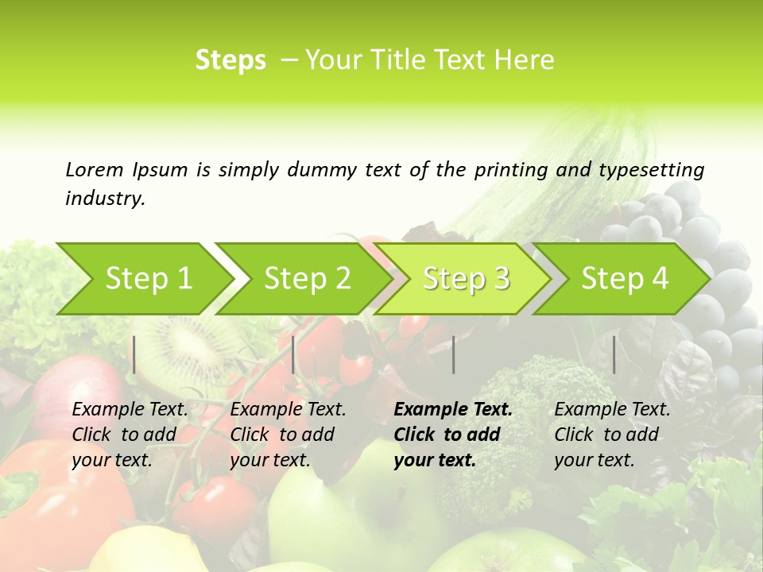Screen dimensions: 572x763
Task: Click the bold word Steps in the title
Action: click(x=230, y=60)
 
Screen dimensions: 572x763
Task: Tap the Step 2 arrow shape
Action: click(x=307, y=279)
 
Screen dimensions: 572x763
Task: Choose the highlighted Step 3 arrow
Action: click(x=466, y=279)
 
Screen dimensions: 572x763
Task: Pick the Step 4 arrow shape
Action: click(x=625, y=279)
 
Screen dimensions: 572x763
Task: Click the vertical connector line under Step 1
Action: click(x=134, y=354)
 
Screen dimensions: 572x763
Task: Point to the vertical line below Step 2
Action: click(x=293, y=354)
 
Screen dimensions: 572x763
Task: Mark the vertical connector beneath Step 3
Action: click(x=453, y=354)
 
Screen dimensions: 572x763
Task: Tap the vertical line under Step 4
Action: click(x=614, y=354)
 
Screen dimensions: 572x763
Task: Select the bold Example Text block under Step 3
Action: click(x=452, y=435)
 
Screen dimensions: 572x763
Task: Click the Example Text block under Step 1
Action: click(x=130, y=435)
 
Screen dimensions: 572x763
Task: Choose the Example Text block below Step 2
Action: click(x=288, y=435)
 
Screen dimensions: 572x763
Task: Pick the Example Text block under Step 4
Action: click(x=612, y=435)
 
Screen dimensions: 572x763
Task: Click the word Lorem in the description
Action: click(x=95, y=169)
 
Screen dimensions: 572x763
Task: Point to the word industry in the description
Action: click(x=105, y=199)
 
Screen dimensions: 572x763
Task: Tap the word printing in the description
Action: click(x=509, y=170)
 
